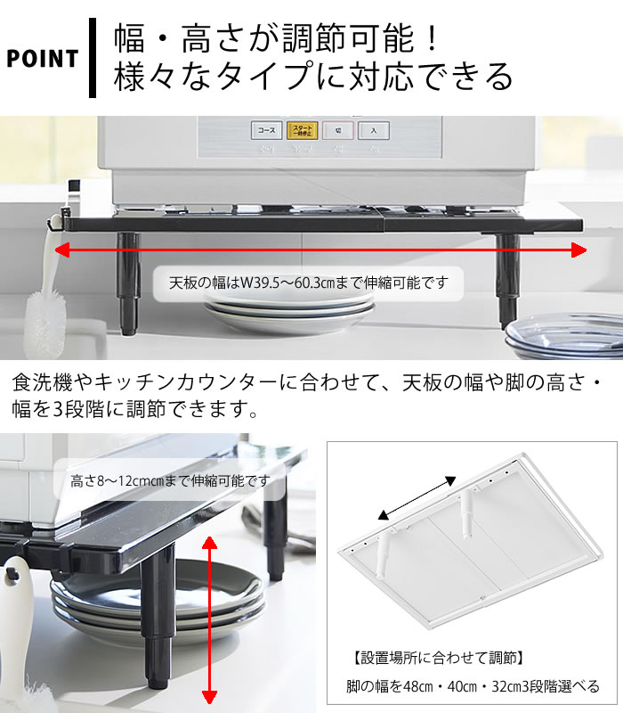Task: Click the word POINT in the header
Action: click(42, 59)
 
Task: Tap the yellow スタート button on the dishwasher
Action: click(302, 130)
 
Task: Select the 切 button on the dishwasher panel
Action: click(338, 130)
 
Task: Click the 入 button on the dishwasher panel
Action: click(373, 130)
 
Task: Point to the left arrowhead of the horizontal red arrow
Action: click(62, 250)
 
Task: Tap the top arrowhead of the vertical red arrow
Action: click(209, 545)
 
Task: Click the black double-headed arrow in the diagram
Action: click(417, 498)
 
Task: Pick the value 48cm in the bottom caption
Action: click(417, 685)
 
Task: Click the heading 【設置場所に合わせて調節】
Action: click(438, 658)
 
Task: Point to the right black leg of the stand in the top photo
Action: click(507, 281)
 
